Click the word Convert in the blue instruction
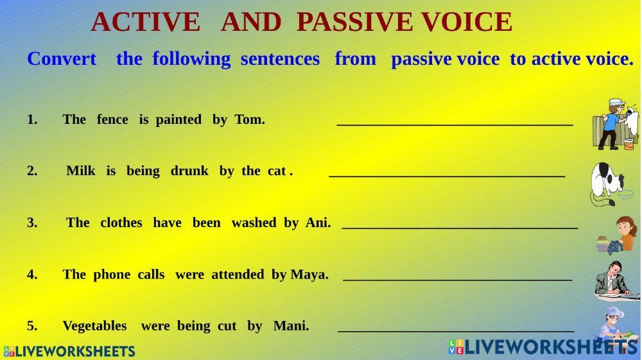(x=62, y=59)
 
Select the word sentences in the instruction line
(x=280, y=59)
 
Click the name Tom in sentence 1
(x=249, y=119)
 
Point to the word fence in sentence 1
(x=112, y=119)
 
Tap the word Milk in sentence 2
(x=81, y=171)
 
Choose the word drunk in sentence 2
(x=189, y=171)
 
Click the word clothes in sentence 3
(x=121, y=223)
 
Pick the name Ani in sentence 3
(x=317, y=223)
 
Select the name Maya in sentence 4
(x=309, y=275)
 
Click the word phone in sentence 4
(x=112, y=275)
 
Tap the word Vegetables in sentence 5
(x=94, y=326)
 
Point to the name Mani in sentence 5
(x=290, y=326)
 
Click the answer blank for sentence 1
(x=455, y=121)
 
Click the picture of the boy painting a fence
(x=615, y=124)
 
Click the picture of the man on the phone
(x=615, y=281)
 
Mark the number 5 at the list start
(x=31, y=326)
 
